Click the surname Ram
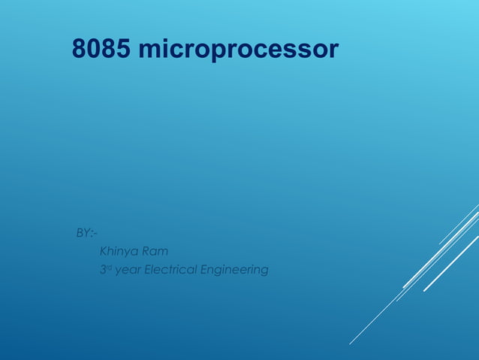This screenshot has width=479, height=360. pos(155,251)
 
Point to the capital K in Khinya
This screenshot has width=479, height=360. pos(104,251)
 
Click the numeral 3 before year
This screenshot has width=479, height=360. pos(103,269)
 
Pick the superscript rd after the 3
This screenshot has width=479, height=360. pos(109,267)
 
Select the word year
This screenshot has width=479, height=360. pos(128,271)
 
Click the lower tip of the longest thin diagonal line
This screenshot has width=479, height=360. pos(349,344)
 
